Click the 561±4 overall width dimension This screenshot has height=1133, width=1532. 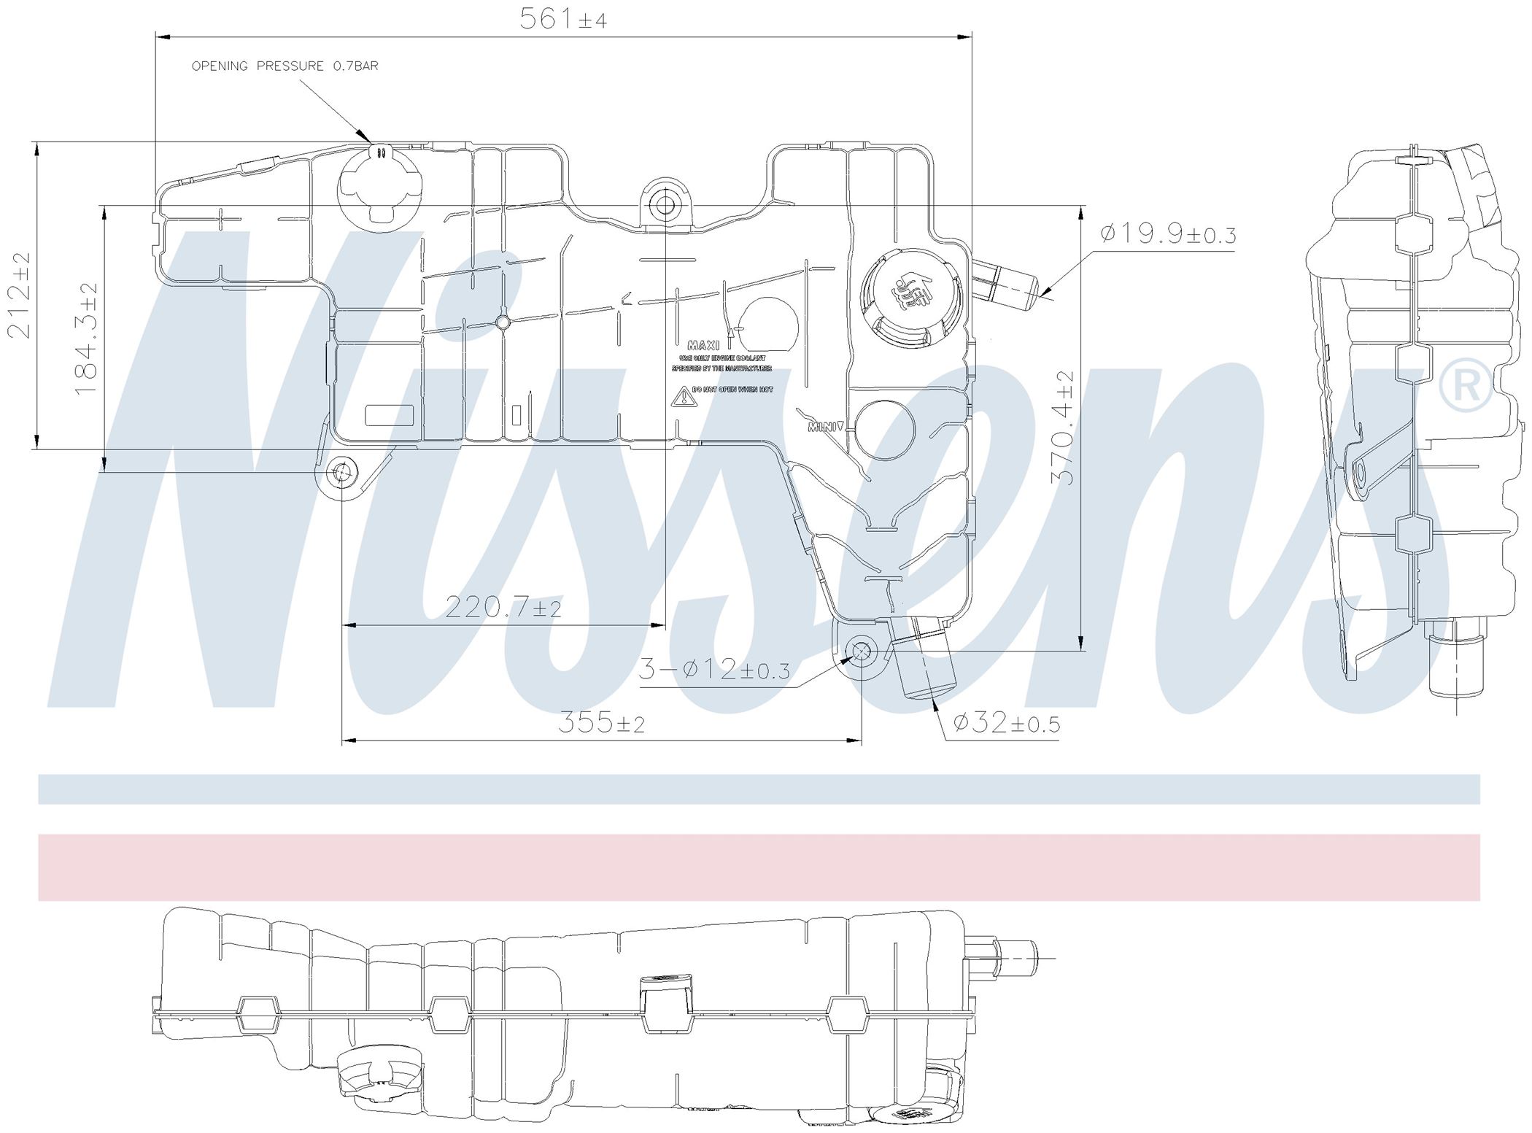point(562,18)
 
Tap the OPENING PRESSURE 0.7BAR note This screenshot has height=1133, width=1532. point(285,66)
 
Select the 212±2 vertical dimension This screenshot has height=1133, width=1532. point(20,295)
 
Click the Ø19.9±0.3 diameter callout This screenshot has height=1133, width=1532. point(1167,235)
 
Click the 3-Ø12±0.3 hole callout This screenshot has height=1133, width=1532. point(714,669)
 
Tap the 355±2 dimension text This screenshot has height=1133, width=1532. point(602,723)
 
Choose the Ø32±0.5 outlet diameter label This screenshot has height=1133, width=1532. point(1007,723)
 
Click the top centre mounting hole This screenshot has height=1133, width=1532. point(665,205)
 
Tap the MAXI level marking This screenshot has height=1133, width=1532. point(703,345)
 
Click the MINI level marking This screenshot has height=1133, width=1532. point(824,428)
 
